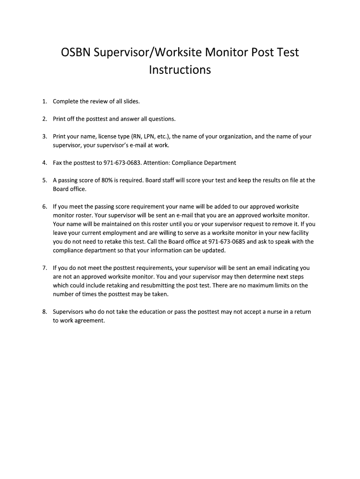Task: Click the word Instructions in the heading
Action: (180, 70)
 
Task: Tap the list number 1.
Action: (44, 102)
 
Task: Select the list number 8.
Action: (44, 312)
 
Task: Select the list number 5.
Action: (44, 180)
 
